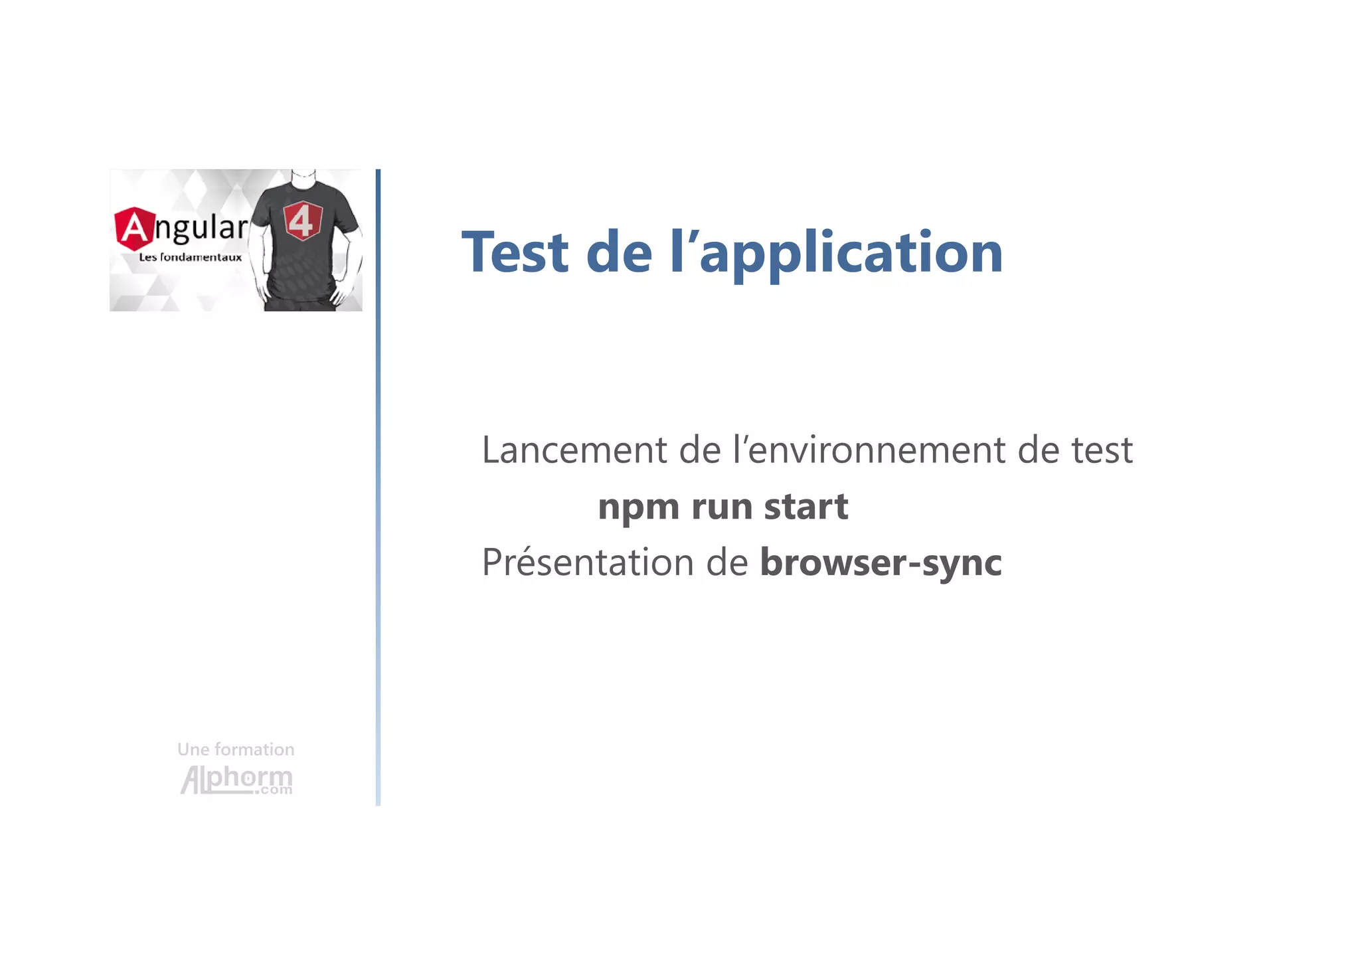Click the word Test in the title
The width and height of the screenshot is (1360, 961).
pos(515,252)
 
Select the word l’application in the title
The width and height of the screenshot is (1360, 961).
pos(836,254)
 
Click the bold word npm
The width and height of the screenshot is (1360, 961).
pos(638,507)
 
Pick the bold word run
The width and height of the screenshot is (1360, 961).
pos(721,507)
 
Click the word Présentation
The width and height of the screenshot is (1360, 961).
pos(587,563)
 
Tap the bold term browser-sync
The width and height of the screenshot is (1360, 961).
pos(881,563)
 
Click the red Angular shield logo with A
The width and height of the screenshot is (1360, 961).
pos(133,228)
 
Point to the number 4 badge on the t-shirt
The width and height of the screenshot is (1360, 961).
pos(302,220)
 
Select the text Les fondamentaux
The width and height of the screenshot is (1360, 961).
pos(190,258)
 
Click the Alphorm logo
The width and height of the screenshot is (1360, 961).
pos(236,779)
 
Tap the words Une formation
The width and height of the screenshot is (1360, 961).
pos(236,750)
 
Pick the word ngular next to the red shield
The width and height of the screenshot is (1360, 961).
pos(201,228)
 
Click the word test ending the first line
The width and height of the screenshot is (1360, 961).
pos(1102,450)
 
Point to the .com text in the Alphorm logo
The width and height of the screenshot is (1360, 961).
pos(276,790)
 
